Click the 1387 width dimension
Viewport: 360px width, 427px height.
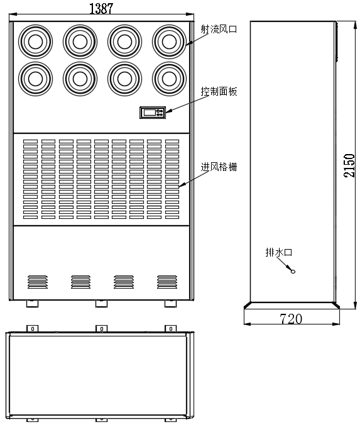coord(101,8)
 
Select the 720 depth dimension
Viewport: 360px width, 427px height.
coord(290,319)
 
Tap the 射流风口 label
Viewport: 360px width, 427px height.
coord(219,29)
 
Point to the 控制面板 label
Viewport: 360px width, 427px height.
coord(219,92)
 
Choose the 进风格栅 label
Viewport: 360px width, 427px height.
coord(219,167)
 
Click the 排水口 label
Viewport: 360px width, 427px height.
coord(279,253)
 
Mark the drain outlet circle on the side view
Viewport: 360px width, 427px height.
coord(292,270)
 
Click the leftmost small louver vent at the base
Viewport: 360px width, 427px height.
coord(37,281)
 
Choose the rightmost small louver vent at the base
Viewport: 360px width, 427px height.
coord(166,281)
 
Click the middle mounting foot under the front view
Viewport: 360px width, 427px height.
coord(101,304)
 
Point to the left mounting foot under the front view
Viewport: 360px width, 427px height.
coord(32,304)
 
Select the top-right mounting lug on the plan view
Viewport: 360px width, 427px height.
coord(170,329)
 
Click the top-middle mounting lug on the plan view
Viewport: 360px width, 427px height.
coord(101,329)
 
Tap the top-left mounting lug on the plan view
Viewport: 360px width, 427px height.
coord(32,329)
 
